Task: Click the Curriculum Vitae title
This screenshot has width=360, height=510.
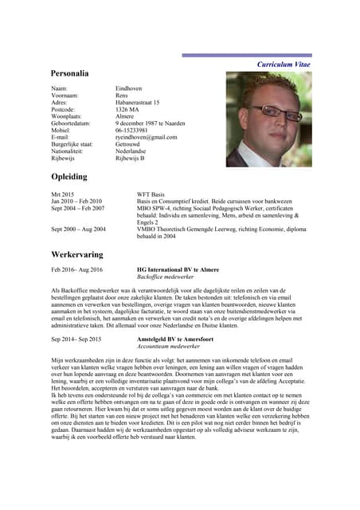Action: coord(284,63)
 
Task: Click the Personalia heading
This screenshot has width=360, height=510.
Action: coord(75,73)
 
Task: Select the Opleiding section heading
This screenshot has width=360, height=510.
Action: coord(72,176)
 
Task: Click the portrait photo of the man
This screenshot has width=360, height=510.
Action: coord(268,119)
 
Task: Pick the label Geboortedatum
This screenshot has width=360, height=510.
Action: coord(70,123)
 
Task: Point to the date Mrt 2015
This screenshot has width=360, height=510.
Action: coord(63,194)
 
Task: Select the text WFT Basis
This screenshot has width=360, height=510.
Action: coord(151,194)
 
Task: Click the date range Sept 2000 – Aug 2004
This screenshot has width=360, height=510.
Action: coord(78,229)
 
